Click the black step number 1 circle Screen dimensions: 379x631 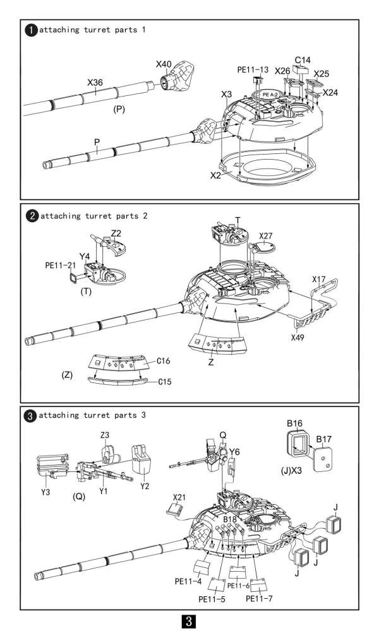point(31,30)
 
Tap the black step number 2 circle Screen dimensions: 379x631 point(32,216)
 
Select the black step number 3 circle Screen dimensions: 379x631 point(31,416)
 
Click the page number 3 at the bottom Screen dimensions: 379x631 point(189,621)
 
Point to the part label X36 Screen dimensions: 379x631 point(95,83)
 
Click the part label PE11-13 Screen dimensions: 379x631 point(253,70)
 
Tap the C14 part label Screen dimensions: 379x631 point(303,61)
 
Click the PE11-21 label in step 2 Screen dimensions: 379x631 point(61,266)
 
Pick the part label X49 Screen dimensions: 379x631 point(298,337)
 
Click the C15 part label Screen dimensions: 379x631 point(164,381)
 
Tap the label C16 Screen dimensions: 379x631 point(163,361)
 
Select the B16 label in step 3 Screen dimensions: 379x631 point(294,423)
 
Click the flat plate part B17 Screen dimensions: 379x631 point(324,459)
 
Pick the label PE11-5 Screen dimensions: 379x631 point(212,599)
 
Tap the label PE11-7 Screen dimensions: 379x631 point(259,598)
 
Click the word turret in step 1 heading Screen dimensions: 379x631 point(97,30)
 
